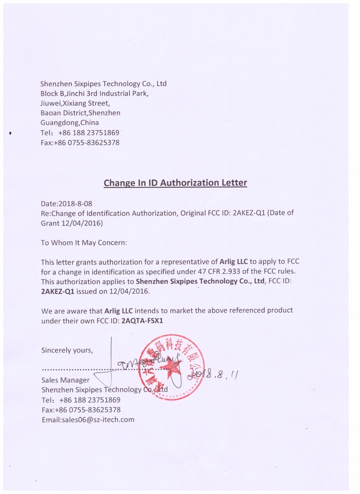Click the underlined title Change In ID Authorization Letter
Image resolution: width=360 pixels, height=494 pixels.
click(175, 183)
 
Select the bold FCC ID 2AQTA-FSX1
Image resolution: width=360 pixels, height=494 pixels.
click(143, 320)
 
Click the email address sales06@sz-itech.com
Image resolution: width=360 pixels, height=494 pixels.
click(88, 419)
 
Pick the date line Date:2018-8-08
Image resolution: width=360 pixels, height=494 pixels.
click(66, 203)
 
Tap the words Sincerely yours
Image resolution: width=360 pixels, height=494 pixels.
click(67, 350)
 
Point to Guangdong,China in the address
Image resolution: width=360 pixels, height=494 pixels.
click(70, 123)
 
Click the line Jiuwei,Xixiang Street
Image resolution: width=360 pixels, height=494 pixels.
click(75, 103)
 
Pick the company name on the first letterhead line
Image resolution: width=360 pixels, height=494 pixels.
click(103, 83)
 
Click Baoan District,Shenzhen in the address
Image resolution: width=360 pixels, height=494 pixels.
click(80, 113)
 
